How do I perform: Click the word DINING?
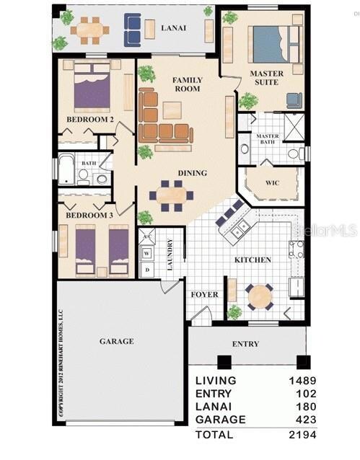click(193, 173)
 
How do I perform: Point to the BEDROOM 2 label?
click(90, 119)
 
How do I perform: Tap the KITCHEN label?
click(252, 260)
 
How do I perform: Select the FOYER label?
click(204, 295)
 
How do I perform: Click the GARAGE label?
click(116, 341)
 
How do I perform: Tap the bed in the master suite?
click(268, 45)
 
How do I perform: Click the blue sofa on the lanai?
click(133, 29)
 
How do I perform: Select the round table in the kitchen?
click(260, 296)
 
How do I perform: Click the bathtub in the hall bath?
click(66, 171)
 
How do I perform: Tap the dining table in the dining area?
click(172, 194)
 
